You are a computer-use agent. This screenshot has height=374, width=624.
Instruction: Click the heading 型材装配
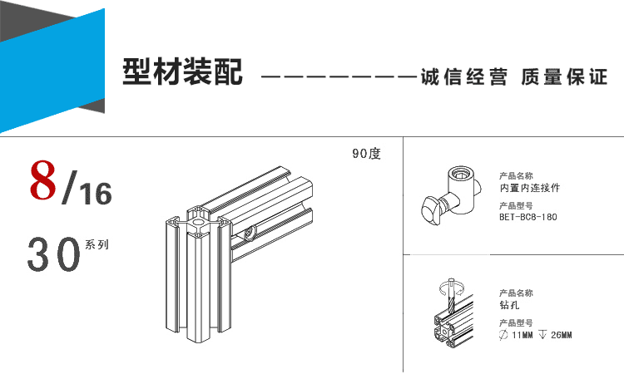[x=182, y=73]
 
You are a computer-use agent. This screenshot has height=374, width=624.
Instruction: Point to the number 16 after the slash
[x=96, y=194]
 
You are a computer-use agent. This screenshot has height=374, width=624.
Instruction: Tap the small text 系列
[x=96, y=245]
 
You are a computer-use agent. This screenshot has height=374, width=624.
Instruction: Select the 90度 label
[x=366, y=154]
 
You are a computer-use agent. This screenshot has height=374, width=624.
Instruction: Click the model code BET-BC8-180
[x=527, y=217]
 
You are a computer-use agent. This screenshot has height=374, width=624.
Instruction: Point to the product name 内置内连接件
[x=529, y=188]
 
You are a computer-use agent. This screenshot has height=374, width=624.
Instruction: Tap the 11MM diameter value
[x=524, y=335]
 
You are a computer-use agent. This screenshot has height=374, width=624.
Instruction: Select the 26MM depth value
[x=561, y=335]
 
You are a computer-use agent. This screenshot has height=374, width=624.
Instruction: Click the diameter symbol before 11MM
[x=503, y=335]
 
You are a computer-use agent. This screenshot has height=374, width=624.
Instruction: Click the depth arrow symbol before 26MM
[x=542, y=335]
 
